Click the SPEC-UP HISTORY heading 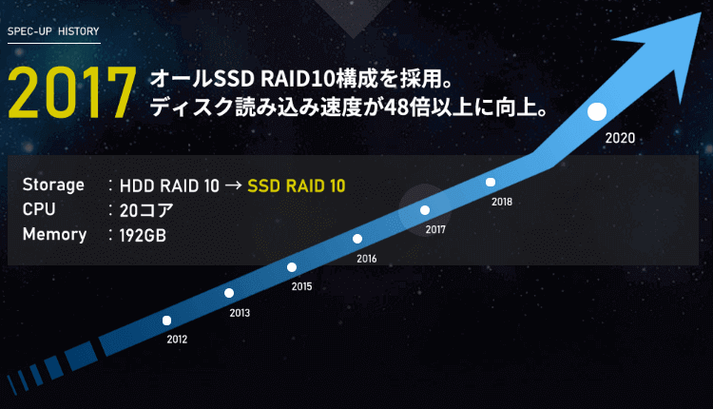click(53, 31)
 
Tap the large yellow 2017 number click(72, 93)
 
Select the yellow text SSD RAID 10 click(297, 185)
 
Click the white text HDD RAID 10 click(169, 185)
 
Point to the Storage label click(53, 185)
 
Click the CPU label click(39, 209)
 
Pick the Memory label click(54, 234)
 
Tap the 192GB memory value click(143, 235)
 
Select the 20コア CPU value click(146, 210)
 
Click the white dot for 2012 click(167, 321)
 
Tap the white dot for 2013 click(229, 293)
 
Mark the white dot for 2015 click(292, 267)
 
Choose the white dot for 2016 click(357, 239)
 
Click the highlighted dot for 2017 click(425, 210)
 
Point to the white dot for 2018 click(491, 182)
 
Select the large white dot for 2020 click(597, 111)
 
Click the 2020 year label click(620, 138)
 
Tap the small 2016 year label click(367, 259)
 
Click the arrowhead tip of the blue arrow click(701, 12)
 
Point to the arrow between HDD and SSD click(233, 185)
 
